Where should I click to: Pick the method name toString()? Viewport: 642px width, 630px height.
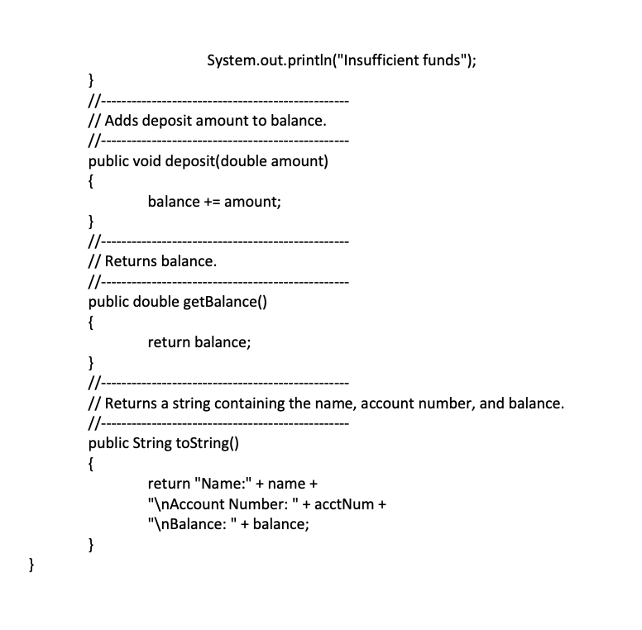(207, 442)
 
